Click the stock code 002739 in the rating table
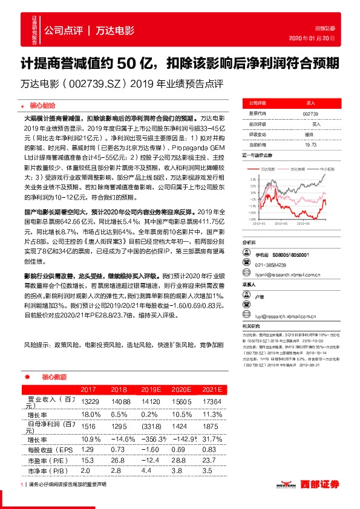click(x=310, y=113)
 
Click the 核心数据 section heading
click(x=53, y=376)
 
